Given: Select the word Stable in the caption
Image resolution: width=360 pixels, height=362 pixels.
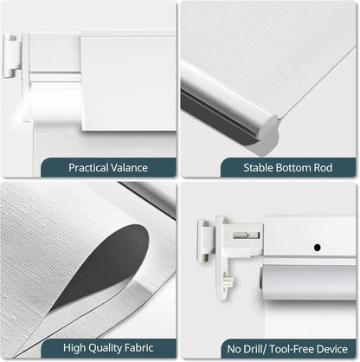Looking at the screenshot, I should [238, 167].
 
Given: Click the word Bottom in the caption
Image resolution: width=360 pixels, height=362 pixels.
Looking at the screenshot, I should [277, 167].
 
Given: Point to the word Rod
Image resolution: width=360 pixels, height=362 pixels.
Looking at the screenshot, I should [312, 167].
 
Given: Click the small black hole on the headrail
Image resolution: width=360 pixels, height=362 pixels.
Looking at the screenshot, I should [317, 248].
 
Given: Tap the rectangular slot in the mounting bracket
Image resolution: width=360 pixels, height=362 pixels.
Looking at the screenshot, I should [249, 233].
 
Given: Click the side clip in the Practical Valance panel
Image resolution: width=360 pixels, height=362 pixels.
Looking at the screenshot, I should [13, 56].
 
